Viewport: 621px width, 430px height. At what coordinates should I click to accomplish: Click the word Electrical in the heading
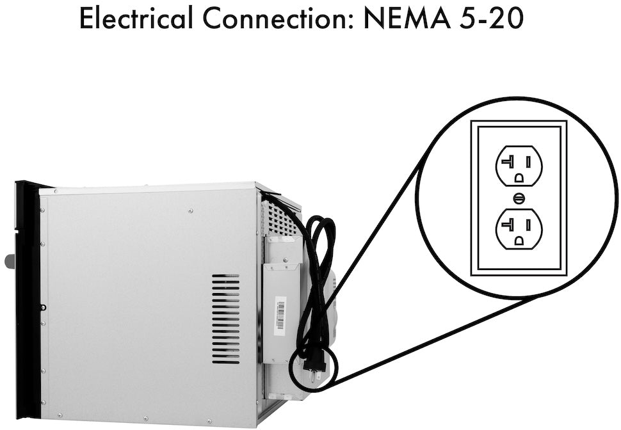(x=136, y=18)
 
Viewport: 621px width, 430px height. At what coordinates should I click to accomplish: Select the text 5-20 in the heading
(x=492, y=18)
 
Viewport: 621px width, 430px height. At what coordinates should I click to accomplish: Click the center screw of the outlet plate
(x=519, y=198)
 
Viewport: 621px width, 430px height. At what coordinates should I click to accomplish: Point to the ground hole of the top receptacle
(x=519, y=178)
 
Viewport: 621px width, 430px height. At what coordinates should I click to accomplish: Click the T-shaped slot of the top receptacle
(x=507, y=161)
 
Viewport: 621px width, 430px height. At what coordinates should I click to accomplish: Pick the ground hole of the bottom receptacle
(x=519, y=241)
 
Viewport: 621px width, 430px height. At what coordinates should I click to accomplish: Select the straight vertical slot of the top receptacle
(x=528, y=161)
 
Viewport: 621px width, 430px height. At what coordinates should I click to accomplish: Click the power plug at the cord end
(x=314, y=366)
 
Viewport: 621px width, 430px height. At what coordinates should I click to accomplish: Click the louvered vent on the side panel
(x=226, y=319)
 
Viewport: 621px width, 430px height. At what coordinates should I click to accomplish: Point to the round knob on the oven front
(x=9, y=261)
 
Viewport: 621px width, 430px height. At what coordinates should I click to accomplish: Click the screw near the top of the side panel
(x=191, y=211)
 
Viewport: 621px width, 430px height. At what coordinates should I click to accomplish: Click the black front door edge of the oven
(x=28, y=299)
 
